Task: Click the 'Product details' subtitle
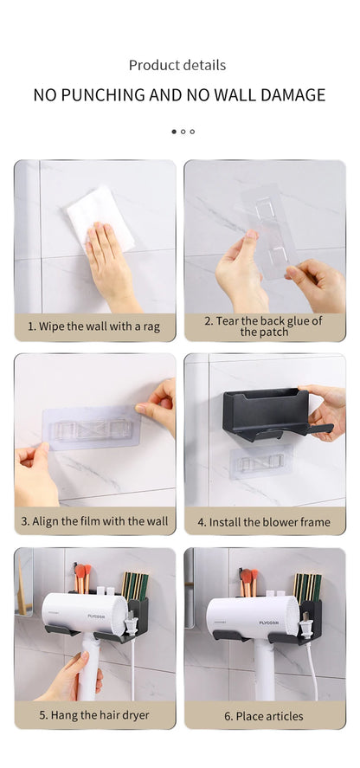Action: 177,65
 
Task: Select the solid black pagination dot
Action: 173,132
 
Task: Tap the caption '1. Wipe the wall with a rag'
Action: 94,326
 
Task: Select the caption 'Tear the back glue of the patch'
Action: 263,326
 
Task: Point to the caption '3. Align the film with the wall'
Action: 94,521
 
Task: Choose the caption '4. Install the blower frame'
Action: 263,521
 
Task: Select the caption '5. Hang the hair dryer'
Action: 94,715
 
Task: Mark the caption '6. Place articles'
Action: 263,715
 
